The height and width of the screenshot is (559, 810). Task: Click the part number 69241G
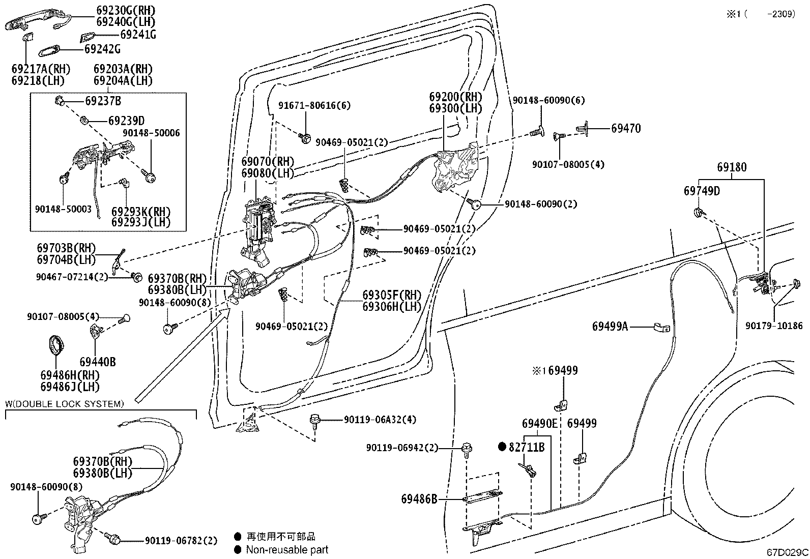[138, 35]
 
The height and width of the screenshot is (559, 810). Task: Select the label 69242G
[102, 49]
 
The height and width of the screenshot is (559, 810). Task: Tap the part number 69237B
[103, 101]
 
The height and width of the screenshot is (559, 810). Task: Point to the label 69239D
[127, 121]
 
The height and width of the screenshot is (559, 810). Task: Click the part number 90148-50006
[151, 133]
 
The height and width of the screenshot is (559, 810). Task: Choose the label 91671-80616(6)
[314, 106]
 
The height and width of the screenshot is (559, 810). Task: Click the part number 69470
[626, 129]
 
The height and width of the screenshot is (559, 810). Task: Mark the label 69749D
[702, 191]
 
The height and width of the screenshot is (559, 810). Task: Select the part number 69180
[732, 167]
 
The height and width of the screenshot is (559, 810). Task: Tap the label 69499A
[610, 327]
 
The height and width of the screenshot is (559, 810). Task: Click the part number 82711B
[527, 448]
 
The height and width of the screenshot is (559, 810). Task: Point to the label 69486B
[419, 499]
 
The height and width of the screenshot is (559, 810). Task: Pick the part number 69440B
[98, 362]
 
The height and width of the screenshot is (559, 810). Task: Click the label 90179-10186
[774, 326]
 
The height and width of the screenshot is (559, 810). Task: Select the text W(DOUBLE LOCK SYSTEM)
[65, 404]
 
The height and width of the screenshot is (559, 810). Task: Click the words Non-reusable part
[287, 550]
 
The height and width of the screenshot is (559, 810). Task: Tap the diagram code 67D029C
[787, 552]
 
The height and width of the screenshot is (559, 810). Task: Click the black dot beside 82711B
[502, 447]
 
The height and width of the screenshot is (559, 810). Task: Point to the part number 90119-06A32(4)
[380, 420]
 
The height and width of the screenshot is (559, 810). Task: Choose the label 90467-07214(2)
[72, 277]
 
